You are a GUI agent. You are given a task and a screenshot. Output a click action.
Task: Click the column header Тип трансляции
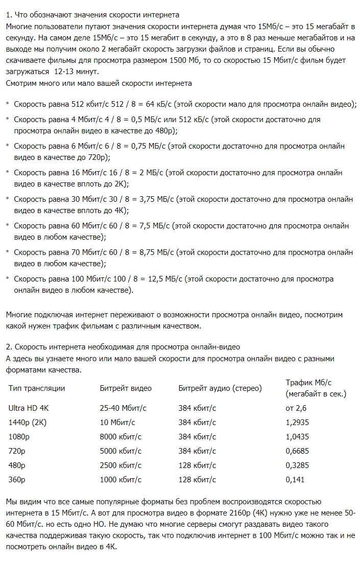(37, 388)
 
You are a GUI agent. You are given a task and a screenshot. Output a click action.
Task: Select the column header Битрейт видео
(126, 388)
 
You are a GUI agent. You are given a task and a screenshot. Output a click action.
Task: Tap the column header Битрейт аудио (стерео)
(220, 388)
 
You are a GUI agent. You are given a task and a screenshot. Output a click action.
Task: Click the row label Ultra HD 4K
(30, 408)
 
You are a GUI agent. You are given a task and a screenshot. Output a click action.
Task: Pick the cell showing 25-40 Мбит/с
(123, 408)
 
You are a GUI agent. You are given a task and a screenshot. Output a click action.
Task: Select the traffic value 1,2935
(299, 423)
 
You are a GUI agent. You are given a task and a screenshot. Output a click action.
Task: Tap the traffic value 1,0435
(299, 437)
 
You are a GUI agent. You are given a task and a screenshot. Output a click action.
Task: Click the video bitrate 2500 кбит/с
(121, 465)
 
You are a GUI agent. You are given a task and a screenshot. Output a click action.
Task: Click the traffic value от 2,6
(296, 408)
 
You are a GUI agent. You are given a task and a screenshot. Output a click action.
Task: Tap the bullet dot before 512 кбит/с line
(8, 104)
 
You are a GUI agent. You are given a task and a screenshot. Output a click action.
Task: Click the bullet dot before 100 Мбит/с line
(8, 279)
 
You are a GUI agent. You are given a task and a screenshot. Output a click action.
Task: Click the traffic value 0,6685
(299, 451)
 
